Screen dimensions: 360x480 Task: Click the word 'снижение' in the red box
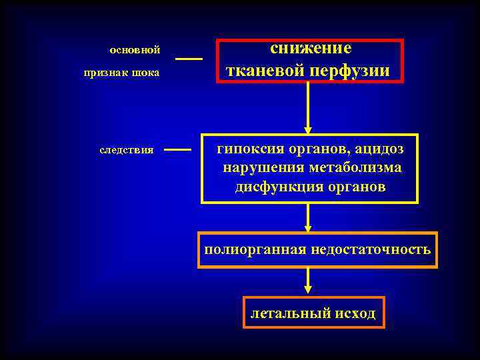click(310, 49)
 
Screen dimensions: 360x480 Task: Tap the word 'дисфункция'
click(273, 187)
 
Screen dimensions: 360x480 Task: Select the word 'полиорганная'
click(256, 250)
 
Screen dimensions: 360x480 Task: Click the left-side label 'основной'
click(135, 49)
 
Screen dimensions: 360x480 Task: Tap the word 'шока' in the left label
click(147, 72)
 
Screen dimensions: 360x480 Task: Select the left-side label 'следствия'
click(127, 150)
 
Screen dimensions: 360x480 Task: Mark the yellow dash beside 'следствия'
click(177, 150)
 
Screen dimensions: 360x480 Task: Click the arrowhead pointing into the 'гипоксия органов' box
click(308, 129)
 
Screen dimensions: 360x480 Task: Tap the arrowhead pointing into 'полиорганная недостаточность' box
click(308, 227)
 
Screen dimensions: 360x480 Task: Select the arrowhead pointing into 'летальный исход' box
click(308, 290)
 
